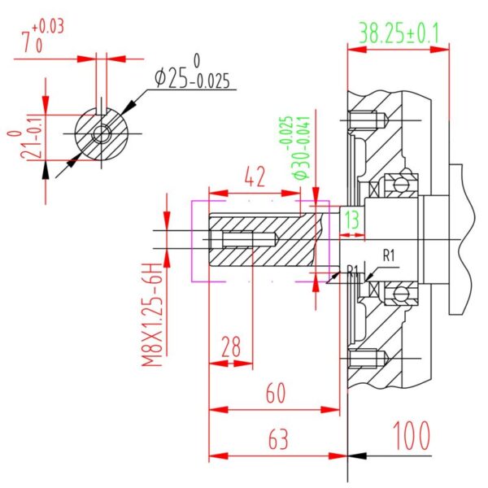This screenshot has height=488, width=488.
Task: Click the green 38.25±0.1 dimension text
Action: coord(399,33)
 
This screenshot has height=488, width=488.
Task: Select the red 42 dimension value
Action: coord(255,176)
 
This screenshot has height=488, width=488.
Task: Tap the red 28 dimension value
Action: coord(231,346)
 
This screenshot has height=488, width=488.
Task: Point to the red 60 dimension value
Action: coord(276,393)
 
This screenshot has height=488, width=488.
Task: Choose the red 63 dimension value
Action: coord(278,439)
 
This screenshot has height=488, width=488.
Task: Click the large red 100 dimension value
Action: coord(412,436)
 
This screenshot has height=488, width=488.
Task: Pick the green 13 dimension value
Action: coord(352,219)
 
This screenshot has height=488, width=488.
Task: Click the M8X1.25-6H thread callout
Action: coord(153,314)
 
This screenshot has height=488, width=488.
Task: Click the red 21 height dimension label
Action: coord(25,146)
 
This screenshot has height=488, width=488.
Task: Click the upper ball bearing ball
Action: coord(400,185)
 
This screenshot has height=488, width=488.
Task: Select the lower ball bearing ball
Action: coord(400,293)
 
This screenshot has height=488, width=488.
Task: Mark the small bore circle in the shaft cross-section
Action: coord(102,134)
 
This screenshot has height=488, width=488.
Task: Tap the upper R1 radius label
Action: coord(389,256)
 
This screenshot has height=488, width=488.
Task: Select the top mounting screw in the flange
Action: coord(368,120)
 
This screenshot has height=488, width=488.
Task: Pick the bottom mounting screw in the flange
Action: coord(368,359)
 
